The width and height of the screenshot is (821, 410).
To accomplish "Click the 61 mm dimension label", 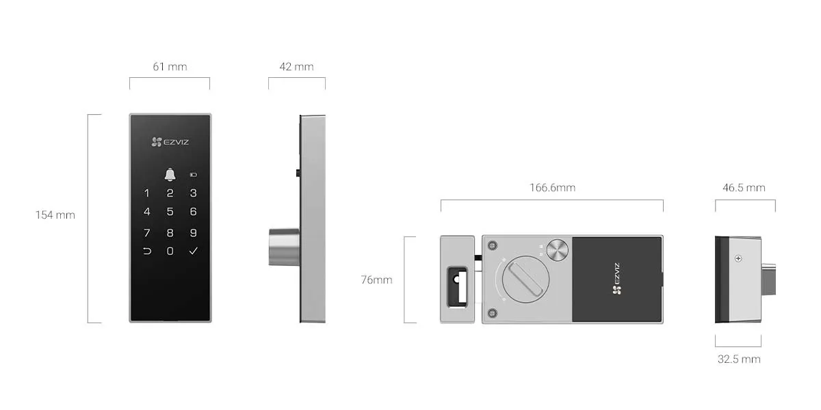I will (170, 67).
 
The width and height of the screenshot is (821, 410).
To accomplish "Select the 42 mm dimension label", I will (296, 67).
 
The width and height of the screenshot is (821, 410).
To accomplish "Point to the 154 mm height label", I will (55, 215).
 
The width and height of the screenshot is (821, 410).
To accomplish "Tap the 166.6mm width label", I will (552, 187).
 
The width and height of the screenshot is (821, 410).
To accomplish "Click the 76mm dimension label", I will (376, 279).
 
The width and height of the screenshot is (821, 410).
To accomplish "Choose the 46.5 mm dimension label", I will (744, 187).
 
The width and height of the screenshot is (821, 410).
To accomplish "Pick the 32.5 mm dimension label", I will (739, 359).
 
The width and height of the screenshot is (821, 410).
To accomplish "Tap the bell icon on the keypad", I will (170, 175).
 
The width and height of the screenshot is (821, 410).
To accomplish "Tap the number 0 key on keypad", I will (170, 251).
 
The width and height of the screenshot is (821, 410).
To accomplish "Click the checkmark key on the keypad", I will (194, 251).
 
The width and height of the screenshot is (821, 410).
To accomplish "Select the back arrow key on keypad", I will (146, 251).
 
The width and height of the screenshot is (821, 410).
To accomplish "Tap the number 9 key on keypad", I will (194, 232).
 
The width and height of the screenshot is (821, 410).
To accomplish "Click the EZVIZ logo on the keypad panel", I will (170, 142).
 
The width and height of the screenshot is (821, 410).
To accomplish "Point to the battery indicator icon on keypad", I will (194, 175).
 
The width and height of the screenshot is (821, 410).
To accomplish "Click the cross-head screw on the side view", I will (738, 258).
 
